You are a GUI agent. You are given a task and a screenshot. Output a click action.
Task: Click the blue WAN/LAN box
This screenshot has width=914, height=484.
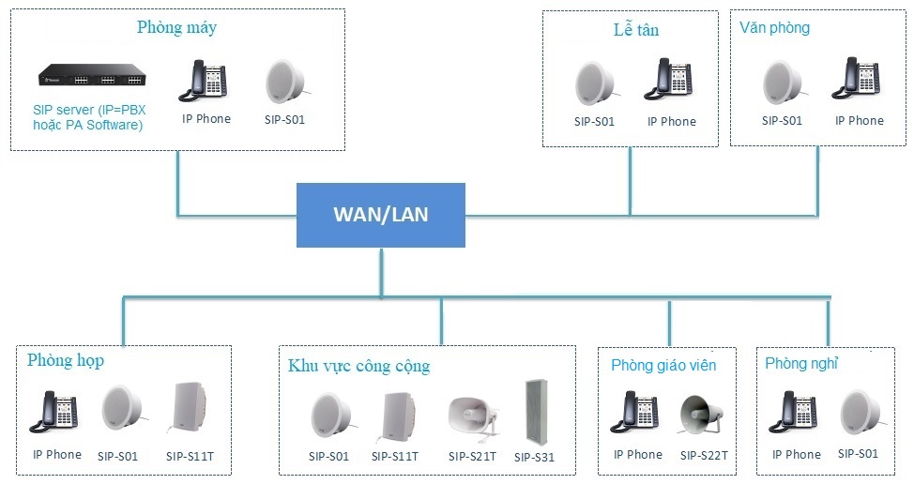click(381, 215)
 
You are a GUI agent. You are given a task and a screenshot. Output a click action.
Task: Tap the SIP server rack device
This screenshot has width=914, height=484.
click(92, 76)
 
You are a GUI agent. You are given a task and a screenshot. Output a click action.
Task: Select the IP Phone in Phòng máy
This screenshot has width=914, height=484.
click(203, 81)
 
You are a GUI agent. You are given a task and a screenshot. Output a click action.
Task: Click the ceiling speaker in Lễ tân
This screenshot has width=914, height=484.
click(595, 83)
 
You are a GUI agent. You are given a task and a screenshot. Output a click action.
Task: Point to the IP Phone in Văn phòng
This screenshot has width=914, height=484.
click(856, 78)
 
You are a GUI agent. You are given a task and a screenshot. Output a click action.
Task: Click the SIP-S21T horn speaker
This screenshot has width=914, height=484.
click(473, 416)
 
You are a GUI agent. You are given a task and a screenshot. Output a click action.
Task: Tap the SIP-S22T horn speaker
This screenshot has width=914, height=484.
click(701, 414)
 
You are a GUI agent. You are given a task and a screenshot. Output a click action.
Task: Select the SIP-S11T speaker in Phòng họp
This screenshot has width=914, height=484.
click(189, 408)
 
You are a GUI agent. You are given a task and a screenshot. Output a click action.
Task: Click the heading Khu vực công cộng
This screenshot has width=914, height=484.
click(359, 366)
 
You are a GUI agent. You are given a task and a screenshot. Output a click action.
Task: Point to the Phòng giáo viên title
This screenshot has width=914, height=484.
click(663, 365)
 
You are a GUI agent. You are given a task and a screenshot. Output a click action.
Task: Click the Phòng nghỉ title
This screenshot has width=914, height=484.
click(801, 363)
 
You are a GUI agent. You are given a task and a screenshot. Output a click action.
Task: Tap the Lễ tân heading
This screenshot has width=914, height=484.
click(636, 29)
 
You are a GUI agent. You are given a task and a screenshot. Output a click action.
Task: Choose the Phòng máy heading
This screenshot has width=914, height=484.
click(176, 27)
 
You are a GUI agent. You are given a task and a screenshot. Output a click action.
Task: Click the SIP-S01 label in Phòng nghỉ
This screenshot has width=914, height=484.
click(858, 453)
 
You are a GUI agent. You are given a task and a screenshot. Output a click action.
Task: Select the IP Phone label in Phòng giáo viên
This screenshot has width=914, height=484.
click(638, 454)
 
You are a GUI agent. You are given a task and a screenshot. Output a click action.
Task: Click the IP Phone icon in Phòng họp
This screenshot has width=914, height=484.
click(53, 411)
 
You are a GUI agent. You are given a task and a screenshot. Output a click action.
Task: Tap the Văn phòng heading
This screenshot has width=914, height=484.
click(775, 27)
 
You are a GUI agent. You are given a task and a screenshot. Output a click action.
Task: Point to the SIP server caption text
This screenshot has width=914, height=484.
click(89, 117)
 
